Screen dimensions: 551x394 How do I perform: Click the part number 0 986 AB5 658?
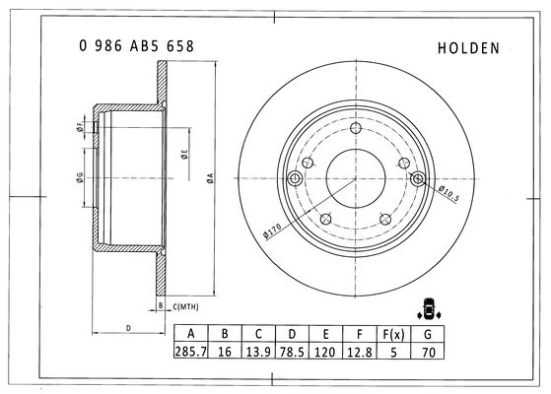(136, 46)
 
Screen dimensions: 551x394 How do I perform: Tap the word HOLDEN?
(468, 48)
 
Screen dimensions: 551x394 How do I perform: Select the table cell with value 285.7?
(191, 351)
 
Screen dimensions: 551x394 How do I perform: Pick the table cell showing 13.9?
(258, 351)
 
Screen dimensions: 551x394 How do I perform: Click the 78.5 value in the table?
(292, 351)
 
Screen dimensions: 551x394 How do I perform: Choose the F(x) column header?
(393, 334)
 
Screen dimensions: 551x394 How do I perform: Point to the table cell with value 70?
(428, 351)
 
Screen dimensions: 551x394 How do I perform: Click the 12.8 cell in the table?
(360, 351)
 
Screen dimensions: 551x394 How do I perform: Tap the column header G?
(428, 334)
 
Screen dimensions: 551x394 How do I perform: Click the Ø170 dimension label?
(272, 231)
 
